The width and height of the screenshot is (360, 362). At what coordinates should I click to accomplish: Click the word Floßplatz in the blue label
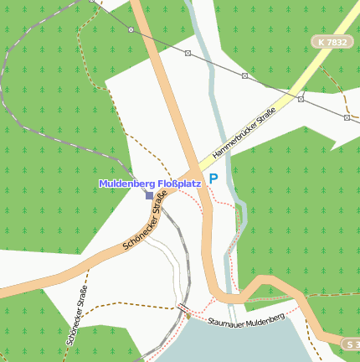(x=177, y=184)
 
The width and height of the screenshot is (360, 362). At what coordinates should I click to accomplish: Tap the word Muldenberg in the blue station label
(x=126, y=184)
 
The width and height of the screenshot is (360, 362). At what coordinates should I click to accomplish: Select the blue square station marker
(x=149, y=195)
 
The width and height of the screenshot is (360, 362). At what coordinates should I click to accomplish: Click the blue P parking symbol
(x=213, y=178)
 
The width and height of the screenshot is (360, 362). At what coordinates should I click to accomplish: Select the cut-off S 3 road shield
(x=352, y=344)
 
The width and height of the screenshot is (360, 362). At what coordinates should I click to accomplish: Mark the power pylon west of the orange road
(x=131, y=29)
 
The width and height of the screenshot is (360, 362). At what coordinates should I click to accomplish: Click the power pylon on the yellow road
(x=300, y=98)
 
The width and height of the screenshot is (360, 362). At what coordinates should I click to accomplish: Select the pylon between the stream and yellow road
(x=244, y=75)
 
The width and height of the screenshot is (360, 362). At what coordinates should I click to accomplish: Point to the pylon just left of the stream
(x=188, y=53)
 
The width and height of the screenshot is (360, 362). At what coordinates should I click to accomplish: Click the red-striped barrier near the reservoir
(x=183, y=308)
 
